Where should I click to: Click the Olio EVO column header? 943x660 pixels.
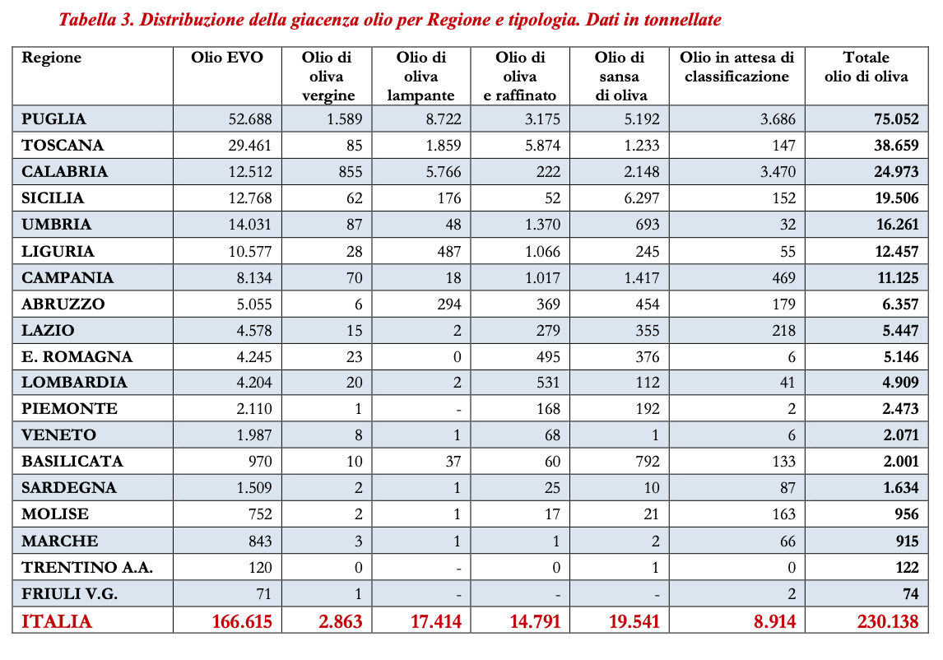click(227, 58)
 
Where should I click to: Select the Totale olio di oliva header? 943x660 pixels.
click(866, 67)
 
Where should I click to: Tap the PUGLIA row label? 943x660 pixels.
click(54, 119)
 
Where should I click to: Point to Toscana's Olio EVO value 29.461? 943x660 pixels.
click(249, 146)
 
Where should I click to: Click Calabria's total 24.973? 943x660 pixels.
click(895, 172)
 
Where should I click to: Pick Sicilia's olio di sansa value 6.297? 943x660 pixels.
click(642, 198)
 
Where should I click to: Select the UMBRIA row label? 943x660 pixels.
click(57, 225)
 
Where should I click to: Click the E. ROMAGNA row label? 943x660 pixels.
click(77, 356)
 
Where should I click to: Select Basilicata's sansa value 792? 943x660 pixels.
click(646, 462)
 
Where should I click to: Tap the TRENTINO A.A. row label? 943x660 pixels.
click(87, 567)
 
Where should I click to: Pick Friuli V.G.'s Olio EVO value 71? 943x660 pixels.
click(262, 593)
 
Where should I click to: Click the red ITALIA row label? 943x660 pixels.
click(57, 621)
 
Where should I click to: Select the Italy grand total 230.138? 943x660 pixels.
click(887, 621)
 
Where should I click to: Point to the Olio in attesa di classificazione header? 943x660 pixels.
click(736, 67)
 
